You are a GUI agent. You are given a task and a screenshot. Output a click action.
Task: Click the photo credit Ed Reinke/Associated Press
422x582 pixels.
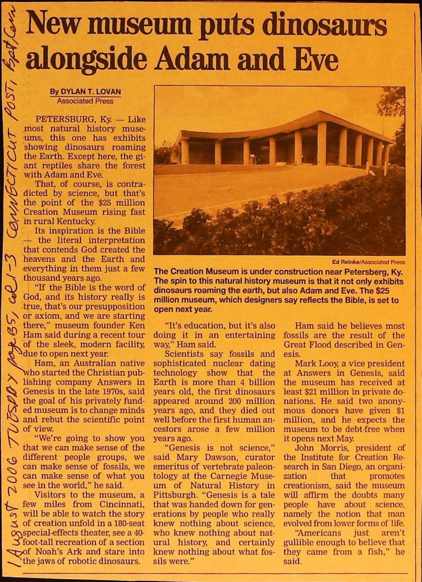pos(368,262)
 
